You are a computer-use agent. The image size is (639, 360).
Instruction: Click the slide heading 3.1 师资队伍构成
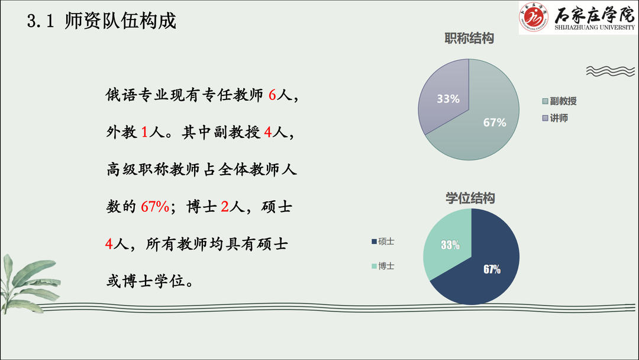pyautogui.click(x=102, y=21)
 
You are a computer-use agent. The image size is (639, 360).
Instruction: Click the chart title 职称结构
pyautogui.click(x=469, y=38)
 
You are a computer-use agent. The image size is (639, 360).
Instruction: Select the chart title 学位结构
pyautogui.click(x=470, y=198)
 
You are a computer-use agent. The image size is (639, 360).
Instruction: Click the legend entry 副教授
pyautogui.click(x=560, y=101)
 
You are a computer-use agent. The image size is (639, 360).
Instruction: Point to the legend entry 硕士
pyautogui.click(x=383, y=242)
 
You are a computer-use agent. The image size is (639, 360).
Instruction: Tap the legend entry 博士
pyautogui.click(x=383, y=266)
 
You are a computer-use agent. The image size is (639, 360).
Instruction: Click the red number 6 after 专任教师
pyautogui.click(x=272, y=95)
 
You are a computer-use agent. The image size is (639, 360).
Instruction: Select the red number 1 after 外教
pyautogui.click(x=144, y=133)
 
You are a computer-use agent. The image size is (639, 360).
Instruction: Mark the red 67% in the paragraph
pyautogui.click(x=155, y=207)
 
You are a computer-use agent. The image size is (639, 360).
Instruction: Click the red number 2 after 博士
pyautogui.click(x=225, y=207)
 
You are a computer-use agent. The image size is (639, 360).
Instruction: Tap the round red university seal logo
pyautogui.click(x=534, y=17)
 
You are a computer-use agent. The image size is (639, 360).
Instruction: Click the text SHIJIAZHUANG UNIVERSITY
pyautogui.click(x=595, y=27)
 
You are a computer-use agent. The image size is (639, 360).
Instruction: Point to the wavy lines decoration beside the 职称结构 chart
pyautogui.click(x=611, y=71)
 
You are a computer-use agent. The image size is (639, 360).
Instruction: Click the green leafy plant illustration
pyautogui.click(x=28, y=284)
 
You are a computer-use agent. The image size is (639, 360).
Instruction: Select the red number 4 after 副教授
pyautogui.click(x=268, y=133)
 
